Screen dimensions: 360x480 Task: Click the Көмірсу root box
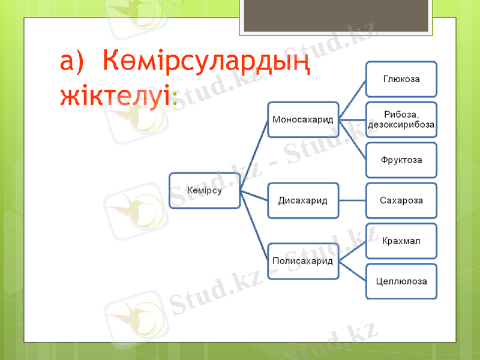[205, 191]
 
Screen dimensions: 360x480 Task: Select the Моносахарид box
[303, 119]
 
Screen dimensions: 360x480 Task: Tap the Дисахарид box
[303, 199]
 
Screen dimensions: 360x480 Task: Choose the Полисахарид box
[303, 261]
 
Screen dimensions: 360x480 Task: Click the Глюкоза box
[401, 79]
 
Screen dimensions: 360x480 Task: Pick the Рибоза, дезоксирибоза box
[401, 119]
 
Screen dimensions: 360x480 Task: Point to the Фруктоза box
[401, 160]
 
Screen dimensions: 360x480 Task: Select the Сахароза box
[401, 199]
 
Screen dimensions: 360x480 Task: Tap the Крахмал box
[401, 241]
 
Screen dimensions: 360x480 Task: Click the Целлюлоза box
[401, 281]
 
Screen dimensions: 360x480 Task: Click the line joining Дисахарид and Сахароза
[352, 199]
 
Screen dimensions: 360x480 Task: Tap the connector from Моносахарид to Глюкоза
[353, 99]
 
